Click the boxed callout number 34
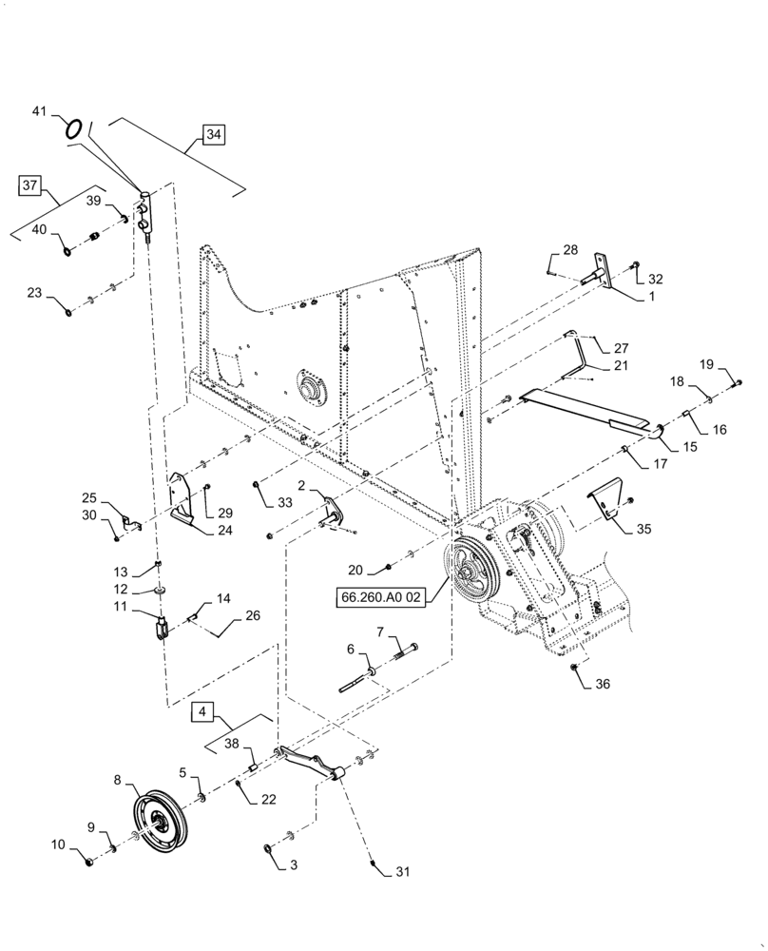tap(213, 135)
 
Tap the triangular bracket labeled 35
tap(605, 503)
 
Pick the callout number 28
tap(569, 250)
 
